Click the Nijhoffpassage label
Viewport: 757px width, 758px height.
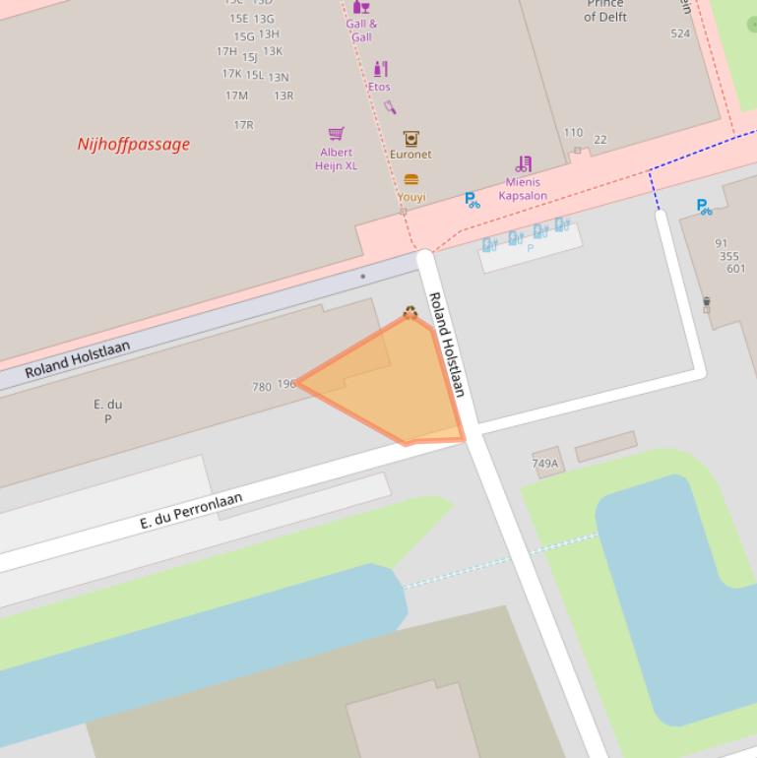pos(133,144)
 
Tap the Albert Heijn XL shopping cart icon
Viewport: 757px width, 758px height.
pos(336,134)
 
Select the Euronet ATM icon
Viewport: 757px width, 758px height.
pos(410,139)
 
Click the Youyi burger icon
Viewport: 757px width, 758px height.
pos(411,180)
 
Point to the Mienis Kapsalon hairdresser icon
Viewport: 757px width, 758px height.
pos(524,164)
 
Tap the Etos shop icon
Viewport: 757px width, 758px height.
pos(381,69)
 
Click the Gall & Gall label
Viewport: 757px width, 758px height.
pos(361,31)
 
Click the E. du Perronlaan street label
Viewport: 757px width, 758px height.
pos(191,512)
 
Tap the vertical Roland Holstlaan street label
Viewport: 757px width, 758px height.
pos(447,345)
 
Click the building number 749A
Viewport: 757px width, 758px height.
pos(545,463)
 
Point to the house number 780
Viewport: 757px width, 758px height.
pos(261,387)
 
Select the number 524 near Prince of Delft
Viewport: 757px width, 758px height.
pos(680,33)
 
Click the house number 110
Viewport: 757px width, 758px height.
pos(573,132)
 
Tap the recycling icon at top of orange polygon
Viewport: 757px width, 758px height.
pos(410,313)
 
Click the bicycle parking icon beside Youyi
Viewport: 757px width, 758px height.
pos(473,200)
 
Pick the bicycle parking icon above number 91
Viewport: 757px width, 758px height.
pos(704,207)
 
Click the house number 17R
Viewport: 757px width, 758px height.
pos(243,125)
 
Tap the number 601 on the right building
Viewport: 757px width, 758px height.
pos(735,269)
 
